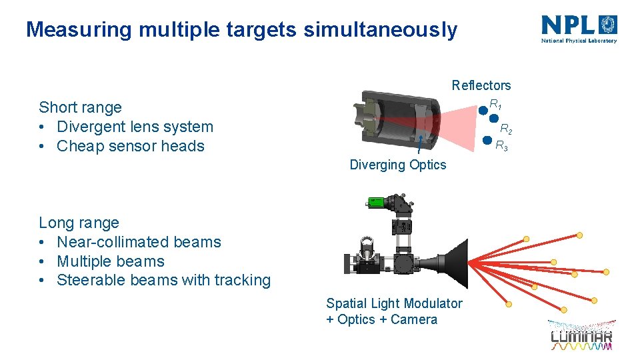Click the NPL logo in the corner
tap(579, 29)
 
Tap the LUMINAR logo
tap(581, 335)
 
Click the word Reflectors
tap(481, 85)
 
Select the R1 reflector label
tap(495, 105)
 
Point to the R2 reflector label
tap(506, 129)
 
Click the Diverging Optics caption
tap(397, 165)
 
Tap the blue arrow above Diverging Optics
tap(418, 145)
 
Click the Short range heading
tap(80, 107)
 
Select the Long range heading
tap(79, 223)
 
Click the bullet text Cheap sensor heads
tap(130, 146)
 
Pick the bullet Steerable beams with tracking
tap(163, 280)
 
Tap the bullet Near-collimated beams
tap(139, 242)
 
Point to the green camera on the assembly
tap(375, 201)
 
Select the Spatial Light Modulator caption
tap(393, 303)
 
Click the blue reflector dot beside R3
tap(487, 141)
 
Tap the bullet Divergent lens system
tap(135, 127)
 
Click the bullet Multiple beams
tap(110, 261)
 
